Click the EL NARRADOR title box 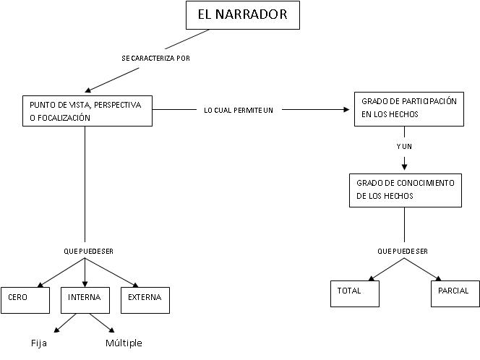tap(242, 15)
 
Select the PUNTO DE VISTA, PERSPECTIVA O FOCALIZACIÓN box tap(85, 111)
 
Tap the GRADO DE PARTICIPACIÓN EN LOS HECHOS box tap(408, 108)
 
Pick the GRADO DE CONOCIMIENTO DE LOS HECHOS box tap(404, 189)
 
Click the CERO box tap(25, 298)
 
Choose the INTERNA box tap(85, 298)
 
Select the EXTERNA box tap(145, 298)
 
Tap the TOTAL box tap(354, 291)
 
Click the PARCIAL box tap(453, 291)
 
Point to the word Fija tap(39, 343)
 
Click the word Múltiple tap(124, 343)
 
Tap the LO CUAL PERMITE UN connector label tap(238, 110)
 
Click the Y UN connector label tap(404, 146)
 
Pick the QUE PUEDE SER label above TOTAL tap(403, 252)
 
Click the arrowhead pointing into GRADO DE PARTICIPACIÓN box tap(346, 110)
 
